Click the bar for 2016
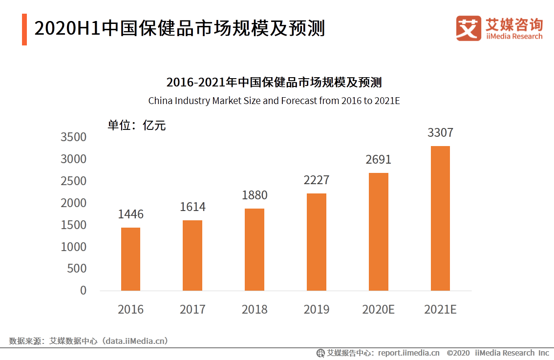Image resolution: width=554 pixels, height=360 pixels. (130, 259)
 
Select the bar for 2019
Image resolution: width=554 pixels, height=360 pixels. (317, 242)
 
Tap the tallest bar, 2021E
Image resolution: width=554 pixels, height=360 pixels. (440, 218)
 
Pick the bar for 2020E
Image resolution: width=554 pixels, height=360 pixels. (379, 232)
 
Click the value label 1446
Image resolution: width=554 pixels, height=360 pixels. (130, 214)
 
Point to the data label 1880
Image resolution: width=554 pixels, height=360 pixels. (255, 195)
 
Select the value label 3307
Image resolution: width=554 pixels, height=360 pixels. (440, 133)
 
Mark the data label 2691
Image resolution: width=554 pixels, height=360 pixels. (379, 160)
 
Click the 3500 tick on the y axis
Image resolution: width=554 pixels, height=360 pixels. (73, 137)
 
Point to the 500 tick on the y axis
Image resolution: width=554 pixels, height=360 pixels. (77, 269)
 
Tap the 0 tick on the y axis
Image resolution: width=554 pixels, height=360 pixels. (83, 291)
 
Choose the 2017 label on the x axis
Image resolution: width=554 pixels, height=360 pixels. (192, 310)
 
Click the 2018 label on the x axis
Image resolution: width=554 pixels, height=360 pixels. (255, 310)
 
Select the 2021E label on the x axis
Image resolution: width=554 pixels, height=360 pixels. (440, 310)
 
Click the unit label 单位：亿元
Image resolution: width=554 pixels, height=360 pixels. (137, 126)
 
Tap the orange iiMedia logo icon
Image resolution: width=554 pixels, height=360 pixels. (469, 28)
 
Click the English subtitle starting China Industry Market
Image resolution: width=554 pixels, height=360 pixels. (274, 101)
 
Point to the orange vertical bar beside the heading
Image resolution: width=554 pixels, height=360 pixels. (24, 29)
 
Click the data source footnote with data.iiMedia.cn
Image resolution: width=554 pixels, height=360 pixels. (88, 341)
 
